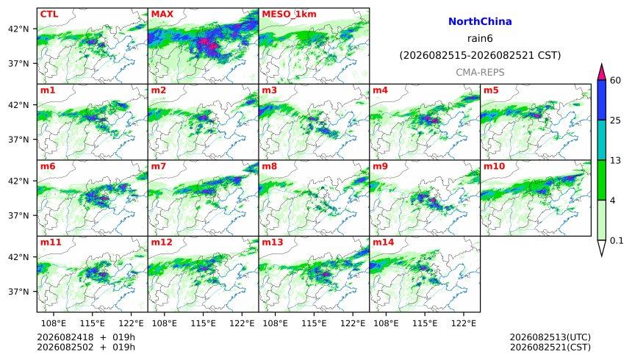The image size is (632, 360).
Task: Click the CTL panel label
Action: click(x=49, y=14)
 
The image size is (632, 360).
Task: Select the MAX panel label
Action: click(x=161, y=14)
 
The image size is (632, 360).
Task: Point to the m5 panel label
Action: click(x=491, y=90)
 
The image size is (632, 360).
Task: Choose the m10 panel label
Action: click(x=494, y=167)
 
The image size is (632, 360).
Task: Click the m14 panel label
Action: click(x=383, y=242)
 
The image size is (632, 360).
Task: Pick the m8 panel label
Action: click(x=269, y=167)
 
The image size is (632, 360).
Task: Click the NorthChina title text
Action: click(x=480, y=22)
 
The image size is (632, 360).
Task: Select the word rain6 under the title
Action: click(x=480, y=39)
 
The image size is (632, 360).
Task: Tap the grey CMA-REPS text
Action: click(x=480, y=73)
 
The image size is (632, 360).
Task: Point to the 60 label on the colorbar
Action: click(x=616, y=80)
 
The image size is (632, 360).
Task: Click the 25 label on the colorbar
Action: click(x=616, y=120)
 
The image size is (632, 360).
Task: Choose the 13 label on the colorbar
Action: click(x=616, y=160)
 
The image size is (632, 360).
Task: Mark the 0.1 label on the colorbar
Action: click(x=617, y=241)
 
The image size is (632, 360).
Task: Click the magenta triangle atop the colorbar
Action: click(x=602, y=72)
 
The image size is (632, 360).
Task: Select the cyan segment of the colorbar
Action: click(x=602, y=140)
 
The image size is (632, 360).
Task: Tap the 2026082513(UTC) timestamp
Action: click(x=550, y=337)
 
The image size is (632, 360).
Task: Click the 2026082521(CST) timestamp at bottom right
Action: click(x=550, y=347)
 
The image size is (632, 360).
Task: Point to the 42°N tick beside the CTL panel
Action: click(x=18, y=29)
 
